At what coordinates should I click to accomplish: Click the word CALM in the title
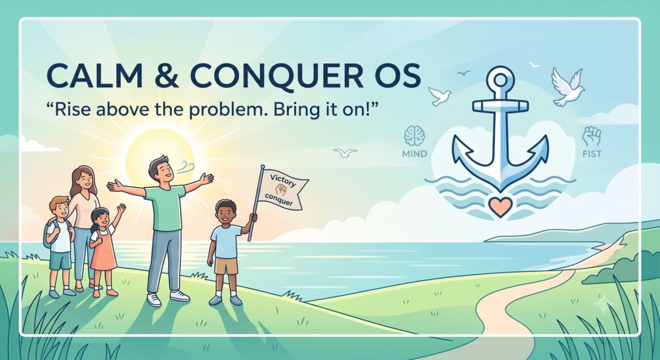[x=95, y=76]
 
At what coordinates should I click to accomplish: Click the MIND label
[x=414, y=154]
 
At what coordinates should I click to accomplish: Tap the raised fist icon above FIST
[x=592, y=136]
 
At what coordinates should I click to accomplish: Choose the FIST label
[x=592, y=154]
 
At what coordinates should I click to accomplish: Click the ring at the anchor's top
[x=500, y=71]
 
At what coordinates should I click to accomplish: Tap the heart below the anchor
[x=500, y=206]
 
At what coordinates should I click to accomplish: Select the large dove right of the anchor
[x=567, y=87]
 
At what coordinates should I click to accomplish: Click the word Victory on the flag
[x=282, y=180]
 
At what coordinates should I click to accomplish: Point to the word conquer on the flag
[x=278, y=200]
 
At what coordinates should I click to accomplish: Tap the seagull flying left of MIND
[x=345, y=152]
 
